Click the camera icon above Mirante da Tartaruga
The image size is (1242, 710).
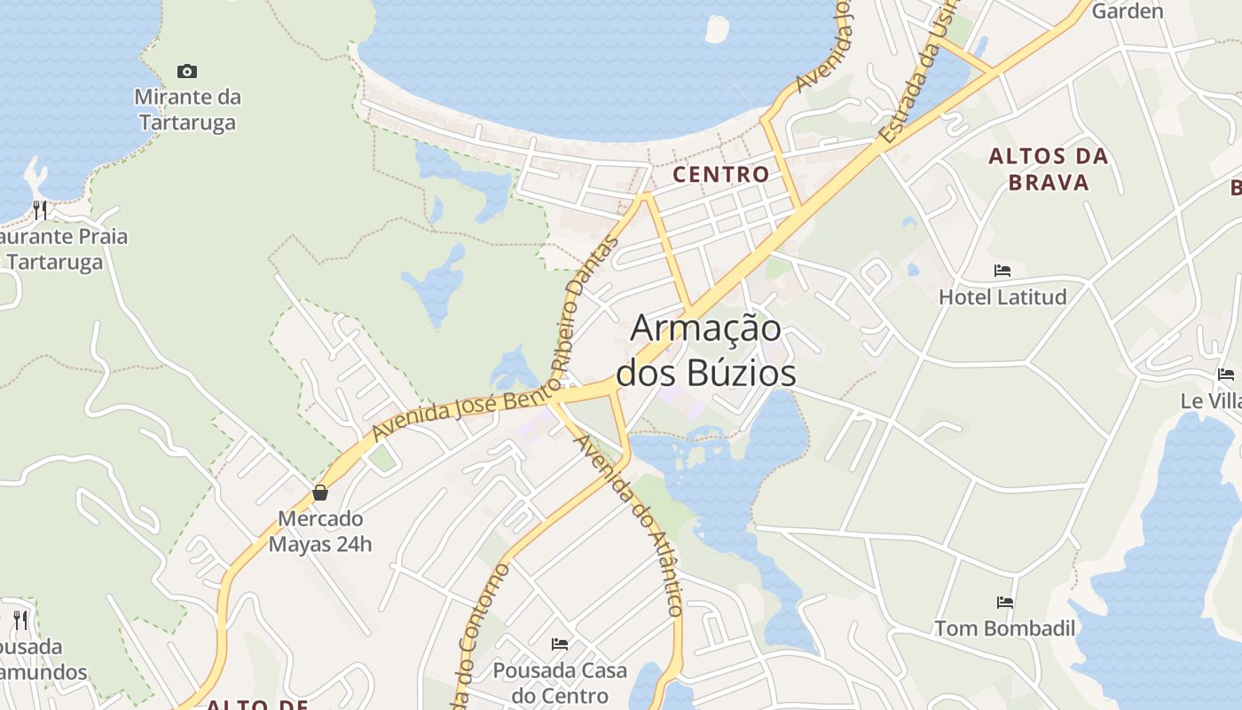(x=187, y=71)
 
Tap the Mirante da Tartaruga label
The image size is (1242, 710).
(x=187, y=109)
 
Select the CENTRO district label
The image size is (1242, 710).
(x=720, y=174)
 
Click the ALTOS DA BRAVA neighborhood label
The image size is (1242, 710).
(x=1049, y=170)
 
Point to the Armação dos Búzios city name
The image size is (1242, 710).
(x=706, y=351)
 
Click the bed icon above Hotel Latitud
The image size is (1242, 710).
(x=1002, y=271)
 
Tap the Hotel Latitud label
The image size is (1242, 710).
(x=1002, y=296)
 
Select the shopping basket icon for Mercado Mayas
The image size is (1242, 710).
(x=320, y=493)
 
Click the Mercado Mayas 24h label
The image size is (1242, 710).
(x=320, y=531)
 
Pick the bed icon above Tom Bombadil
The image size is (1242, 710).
(x=1005, y=603)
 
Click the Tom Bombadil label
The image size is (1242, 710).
(x=1005, y=628)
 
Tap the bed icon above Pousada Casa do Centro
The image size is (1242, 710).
(x=560, y=643)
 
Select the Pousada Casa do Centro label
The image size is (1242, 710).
(x=560, y=682)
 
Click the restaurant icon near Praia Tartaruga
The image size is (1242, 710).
(x=40, y=209)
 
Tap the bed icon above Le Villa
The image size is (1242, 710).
(x=1226, y=375)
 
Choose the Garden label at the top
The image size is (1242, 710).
(x=1127, y=12)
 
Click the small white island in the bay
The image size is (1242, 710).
(x=717, y=28)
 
